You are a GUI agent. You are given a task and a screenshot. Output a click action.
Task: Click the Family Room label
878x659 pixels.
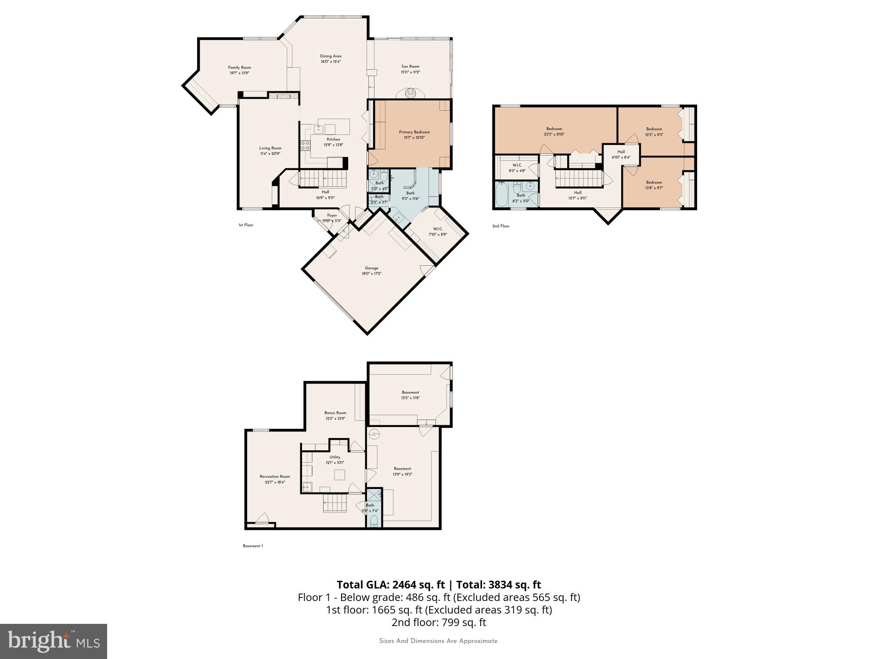(239, 68)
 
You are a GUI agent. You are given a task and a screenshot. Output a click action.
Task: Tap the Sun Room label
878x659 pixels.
(410, 66)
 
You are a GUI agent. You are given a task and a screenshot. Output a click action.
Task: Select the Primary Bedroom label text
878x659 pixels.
(414, 132)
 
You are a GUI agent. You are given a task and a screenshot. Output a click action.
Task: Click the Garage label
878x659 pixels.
(371, 268)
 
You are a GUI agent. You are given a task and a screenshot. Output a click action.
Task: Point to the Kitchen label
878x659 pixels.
(333, 139)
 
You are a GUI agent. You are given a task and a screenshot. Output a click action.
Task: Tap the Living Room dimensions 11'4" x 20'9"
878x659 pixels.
(270, 154)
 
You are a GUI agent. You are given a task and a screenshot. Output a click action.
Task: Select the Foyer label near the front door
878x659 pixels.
(332, 215)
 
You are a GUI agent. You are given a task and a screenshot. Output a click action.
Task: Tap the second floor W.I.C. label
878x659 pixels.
(517, 165)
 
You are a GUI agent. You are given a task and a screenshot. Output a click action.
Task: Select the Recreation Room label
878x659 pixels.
(275, 476)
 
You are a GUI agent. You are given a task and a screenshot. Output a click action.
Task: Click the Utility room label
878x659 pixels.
(335, 457)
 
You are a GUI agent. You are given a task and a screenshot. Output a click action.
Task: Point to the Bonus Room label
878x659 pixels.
(335, 413)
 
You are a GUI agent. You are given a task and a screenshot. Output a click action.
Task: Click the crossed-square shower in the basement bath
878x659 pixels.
(374, 495)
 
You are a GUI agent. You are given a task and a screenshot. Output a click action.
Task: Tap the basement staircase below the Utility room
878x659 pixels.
(335, 503)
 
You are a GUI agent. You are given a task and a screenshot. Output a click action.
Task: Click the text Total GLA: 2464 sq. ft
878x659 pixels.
(391, 585)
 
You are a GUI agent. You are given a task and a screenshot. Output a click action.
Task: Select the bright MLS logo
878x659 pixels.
(54, 641)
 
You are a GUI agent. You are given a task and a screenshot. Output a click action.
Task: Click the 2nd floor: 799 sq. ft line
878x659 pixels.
(439, 622)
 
